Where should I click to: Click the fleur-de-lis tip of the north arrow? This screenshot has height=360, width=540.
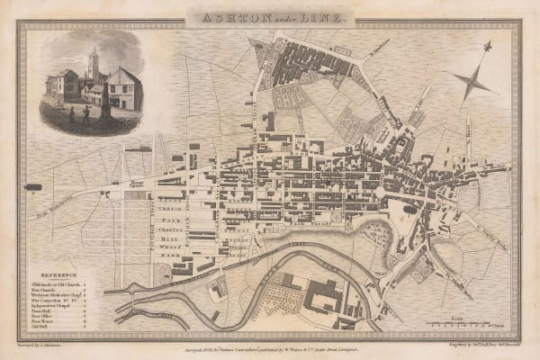click(489, 45)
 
